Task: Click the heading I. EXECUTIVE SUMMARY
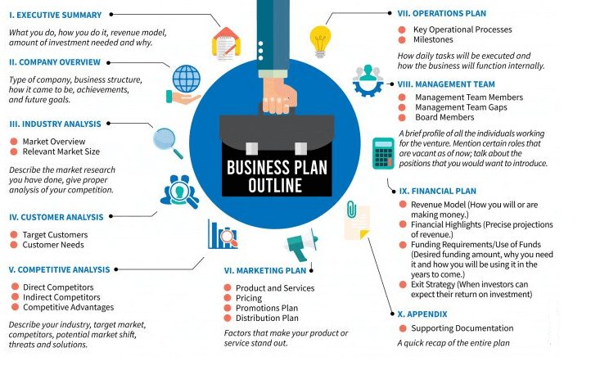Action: tap(55, 15)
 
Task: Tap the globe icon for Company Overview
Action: tap(186, 80)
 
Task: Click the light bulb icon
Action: tap(319, 37)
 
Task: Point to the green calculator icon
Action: tap(382, 152)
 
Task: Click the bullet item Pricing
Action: tap(250, 299)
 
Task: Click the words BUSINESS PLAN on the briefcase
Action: tap(275, 167)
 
